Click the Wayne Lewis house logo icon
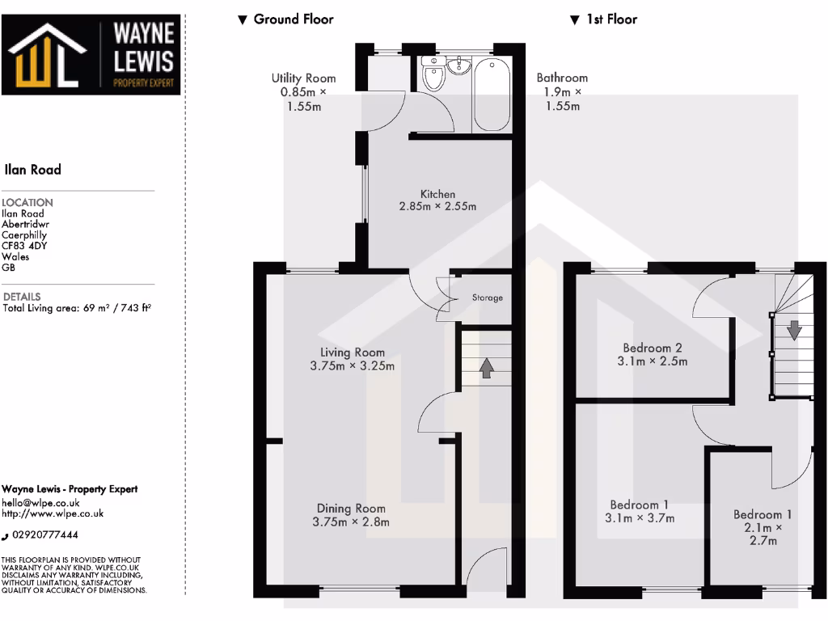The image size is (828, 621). [x=47, y=56]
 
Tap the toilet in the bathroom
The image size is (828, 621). [x=433, y=77]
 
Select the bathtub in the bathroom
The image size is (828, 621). [x=492, y=94]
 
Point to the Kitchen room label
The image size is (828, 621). [x=437, y=194]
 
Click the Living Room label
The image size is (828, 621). [x=353, y=353]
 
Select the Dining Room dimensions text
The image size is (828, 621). [x=351, y=522]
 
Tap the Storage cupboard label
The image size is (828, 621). [x=488, y=298]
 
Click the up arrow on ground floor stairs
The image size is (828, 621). [x=486, y=368]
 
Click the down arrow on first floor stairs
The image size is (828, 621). [x=794, y=329]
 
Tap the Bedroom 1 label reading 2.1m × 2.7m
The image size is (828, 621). [x=763, y=526]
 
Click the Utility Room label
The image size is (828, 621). [x=303, y=91]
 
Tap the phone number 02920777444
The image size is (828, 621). [x=50, y=535]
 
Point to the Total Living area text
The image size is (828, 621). [x=77, y=308]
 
